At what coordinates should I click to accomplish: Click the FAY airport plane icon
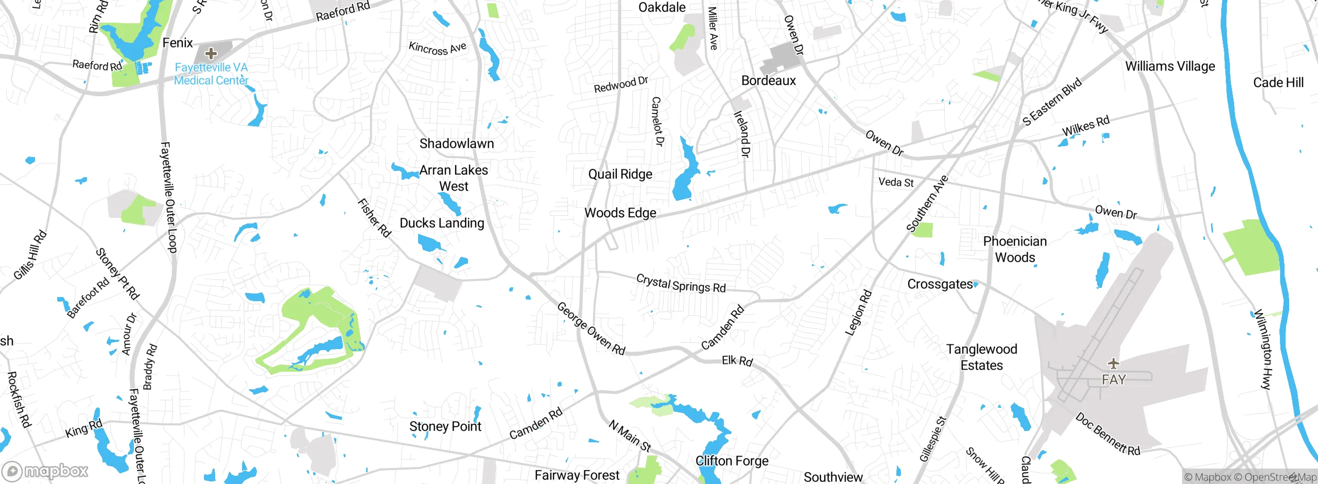click(1114, 364)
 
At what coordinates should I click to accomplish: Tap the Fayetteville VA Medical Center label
click(211, 74)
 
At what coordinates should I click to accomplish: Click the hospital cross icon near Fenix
click(211, 53)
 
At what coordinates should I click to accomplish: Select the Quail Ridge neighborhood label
click(620, 174)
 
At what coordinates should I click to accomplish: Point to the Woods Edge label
click(620, 213)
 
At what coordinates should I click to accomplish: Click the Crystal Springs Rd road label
click(681, 283)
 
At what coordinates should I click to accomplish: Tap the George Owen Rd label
click(591, 329)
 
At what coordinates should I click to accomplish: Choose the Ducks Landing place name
click(442, 223)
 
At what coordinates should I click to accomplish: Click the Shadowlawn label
click(456, 144)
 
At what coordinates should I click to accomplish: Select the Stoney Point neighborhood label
click(445, 426)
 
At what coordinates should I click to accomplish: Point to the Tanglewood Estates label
click(981, 357)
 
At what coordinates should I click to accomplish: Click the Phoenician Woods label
click(1014, 249)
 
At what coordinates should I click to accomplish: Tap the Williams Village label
click(1170, 66)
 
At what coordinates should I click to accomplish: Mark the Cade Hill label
click(1278, 82)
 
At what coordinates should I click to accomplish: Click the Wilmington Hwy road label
click(1262, 349)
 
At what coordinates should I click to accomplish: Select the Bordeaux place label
click(768, 81)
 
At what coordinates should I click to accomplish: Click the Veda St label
click(896, 182)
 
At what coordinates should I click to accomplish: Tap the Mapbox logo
click(45, 471)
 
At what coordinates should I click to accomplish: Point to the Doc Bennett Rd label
click(1107, 434)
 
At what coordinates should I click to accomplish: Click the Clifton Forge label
click(732, 461)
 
